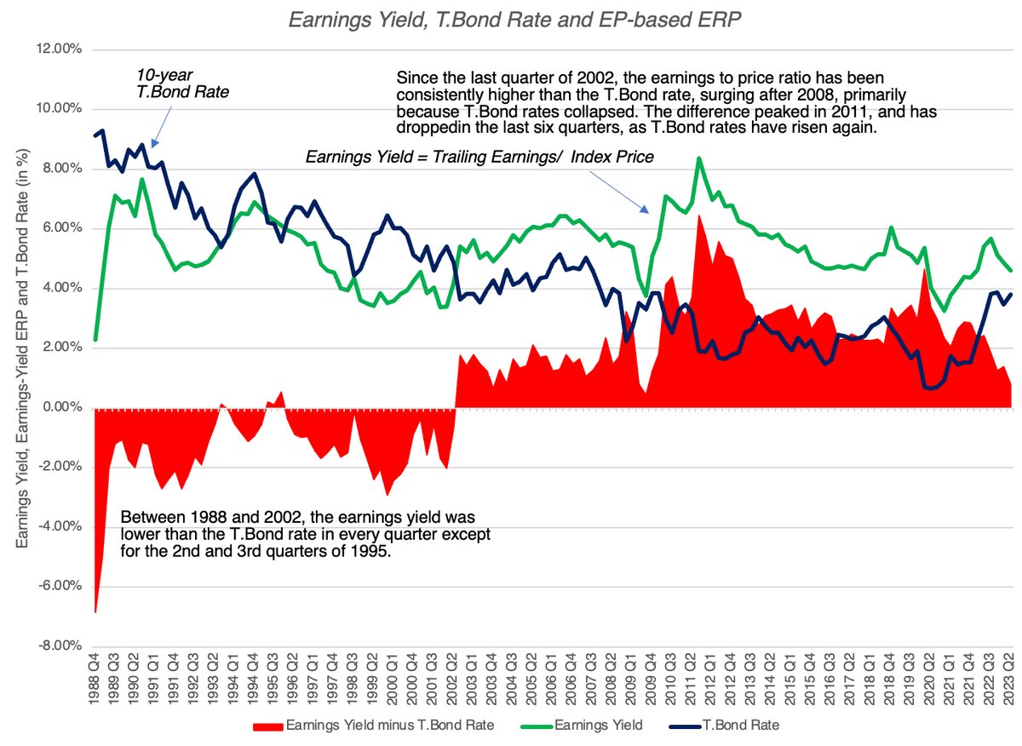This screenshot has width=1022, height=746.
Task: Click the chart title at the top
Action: [x=510, y=20]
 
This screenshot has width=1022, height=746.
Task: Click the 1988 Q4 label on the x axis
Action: [x=95, y=681]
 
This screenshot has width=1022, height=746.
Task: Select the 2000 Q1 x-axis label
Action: [x=392, y=681]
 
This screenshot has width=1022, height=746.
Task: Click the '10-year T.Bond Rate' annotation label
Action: [x=183, y=84]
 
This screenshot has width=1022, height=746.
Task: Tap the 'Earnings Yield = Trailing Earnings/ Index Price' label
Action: [x=479, y=157]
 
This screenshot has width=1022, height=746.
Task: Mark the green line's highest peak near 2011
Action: [x=698, y=158]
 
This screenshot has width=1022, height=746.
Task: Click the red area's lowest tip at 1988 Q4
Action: [x=95, y=611]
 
